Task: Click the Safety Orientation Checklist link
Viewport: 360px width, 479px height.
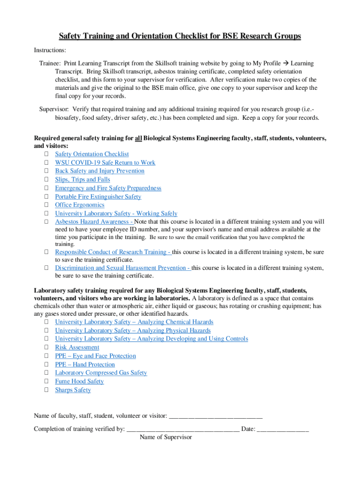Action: (92, 154)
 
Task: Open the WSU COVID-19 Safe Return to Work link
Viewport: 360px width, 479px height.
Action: (105, 163)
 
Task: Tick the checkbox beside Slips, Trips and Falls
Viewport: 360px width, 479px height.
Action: (47, 180)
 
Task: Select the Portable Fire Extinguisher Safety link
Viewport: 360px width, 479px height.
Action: (98, 197)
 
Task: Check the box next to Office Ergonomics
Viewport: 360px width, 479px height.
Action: (47, 205)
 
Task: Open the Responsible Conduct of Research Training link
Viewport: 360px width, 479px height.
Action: (112, 252)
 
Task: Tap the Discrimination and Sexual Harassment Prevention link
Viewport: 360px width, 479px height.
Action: (122, 268)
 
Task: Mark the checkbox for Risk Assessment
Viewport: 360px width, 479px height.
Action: (47, 348)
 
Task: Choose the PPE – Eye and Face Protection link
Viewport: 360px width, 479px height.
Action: (95, 356)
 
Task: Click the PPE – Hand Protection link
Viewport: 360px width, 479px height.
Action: (85, 365)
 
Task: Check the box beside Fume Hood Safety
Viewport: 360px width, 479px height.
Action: (47, 382)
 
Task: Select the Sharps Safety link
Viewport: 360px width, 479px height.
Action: (73, 390)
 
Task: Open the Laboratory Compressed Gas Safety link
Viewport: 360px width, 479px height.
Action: (101, 373)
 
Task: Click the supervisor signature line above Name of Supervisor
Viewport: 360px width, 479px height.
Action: (183, 429)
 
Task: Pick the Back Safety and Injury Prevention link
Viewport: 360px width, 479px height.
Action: (100, 171)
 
